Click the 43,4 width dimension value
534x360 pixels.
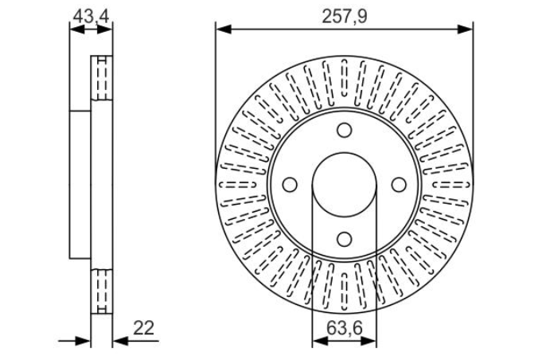click(90, 14)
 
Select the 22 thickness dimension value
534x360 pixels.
click(143, 327)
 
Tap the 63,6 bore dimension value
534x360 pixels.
click(344, 327)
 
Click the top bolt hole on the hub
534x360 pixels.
click(344, 131)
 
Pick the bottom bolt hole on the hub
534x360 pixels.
click(344, 238)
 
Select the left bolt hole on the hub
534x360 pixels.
click(290, 185)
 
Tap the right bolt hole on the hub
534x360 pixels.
click(397, 185)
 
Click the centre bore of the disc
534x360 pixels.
click(344, 185)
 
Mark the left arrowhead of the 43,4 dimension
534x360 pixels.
click(75, 30)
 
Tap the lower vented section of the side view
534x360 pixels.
click(101, 291)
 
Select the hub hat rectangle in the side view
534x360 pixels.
click(80, 184)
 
